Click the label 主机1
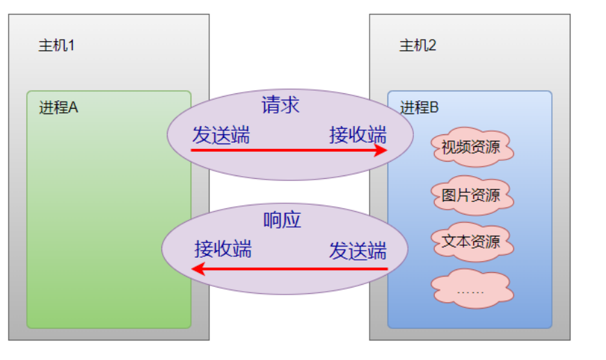point(56,47)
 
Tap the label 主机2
point(417,47)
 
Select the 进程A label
point(58,108)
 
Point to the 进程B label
point(420,108)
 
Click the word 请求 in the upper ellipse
point(280,105)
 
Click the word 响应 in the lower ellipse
point(282,220)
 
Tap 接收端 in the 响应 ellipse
point(223,249)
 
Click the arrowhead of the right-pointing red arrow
point(381,150)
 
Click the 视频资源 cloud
point(471,147)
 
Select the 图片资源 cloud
point(471,194)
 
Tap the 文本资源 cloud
point(471,242)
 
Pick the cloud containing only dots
point(471,288)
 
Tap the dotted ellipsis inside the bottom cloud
point(471,290)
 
